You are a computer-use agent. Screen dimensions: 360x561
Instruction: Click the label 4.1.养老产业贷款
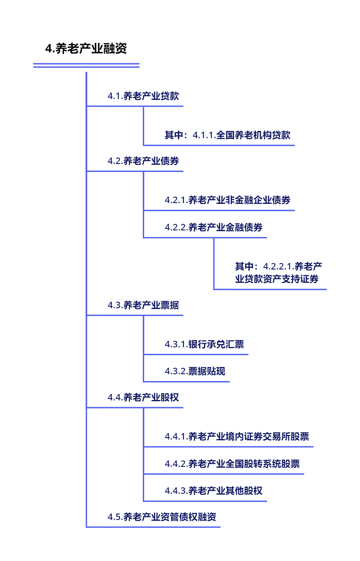143,96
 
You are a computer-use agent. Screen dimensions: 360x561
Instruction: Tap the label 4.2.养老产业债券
143,161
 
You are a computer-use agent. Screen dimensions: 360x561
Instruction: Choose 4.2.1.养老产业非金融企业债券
228,200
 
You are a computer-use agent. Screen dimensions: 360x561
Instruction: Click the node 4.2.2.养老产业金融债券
214,227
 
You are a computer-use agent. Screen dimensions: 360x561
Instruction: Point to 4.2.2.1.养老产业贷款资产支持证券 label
278,273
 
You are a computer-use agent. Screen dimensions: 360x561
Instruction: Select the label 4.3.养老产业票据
143,305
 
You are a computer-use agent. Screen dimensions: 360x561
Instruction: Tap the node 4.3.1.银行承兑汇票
204,344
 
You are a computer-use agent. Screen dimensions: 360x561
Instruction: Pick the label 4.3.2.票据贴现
195,371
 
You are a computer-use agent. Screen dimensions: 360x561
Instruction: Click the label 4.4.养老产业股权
143,397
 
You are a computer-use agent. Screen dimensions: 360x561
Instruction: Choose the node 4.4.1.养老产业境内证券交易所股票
237,437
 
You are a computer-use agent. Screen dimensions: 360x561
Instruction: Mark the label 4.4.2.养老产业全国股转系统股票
232,463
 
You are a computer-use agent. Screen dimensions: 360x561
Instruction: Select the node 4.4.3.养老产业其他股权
213,491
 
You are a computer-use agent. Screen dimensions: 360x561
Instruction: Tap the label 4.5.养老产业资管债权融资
162,517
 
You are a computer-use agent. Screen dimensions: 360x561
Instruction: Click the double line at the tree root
87,65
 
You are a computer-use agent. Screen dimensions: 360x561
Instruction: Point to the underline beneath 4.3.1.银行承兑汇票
196,355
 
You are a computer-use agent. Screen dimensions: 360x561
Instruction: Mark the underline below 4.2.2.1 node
270,290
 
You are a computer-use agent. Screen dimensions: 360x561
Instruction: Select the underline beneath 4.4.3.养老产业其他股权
205,501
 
